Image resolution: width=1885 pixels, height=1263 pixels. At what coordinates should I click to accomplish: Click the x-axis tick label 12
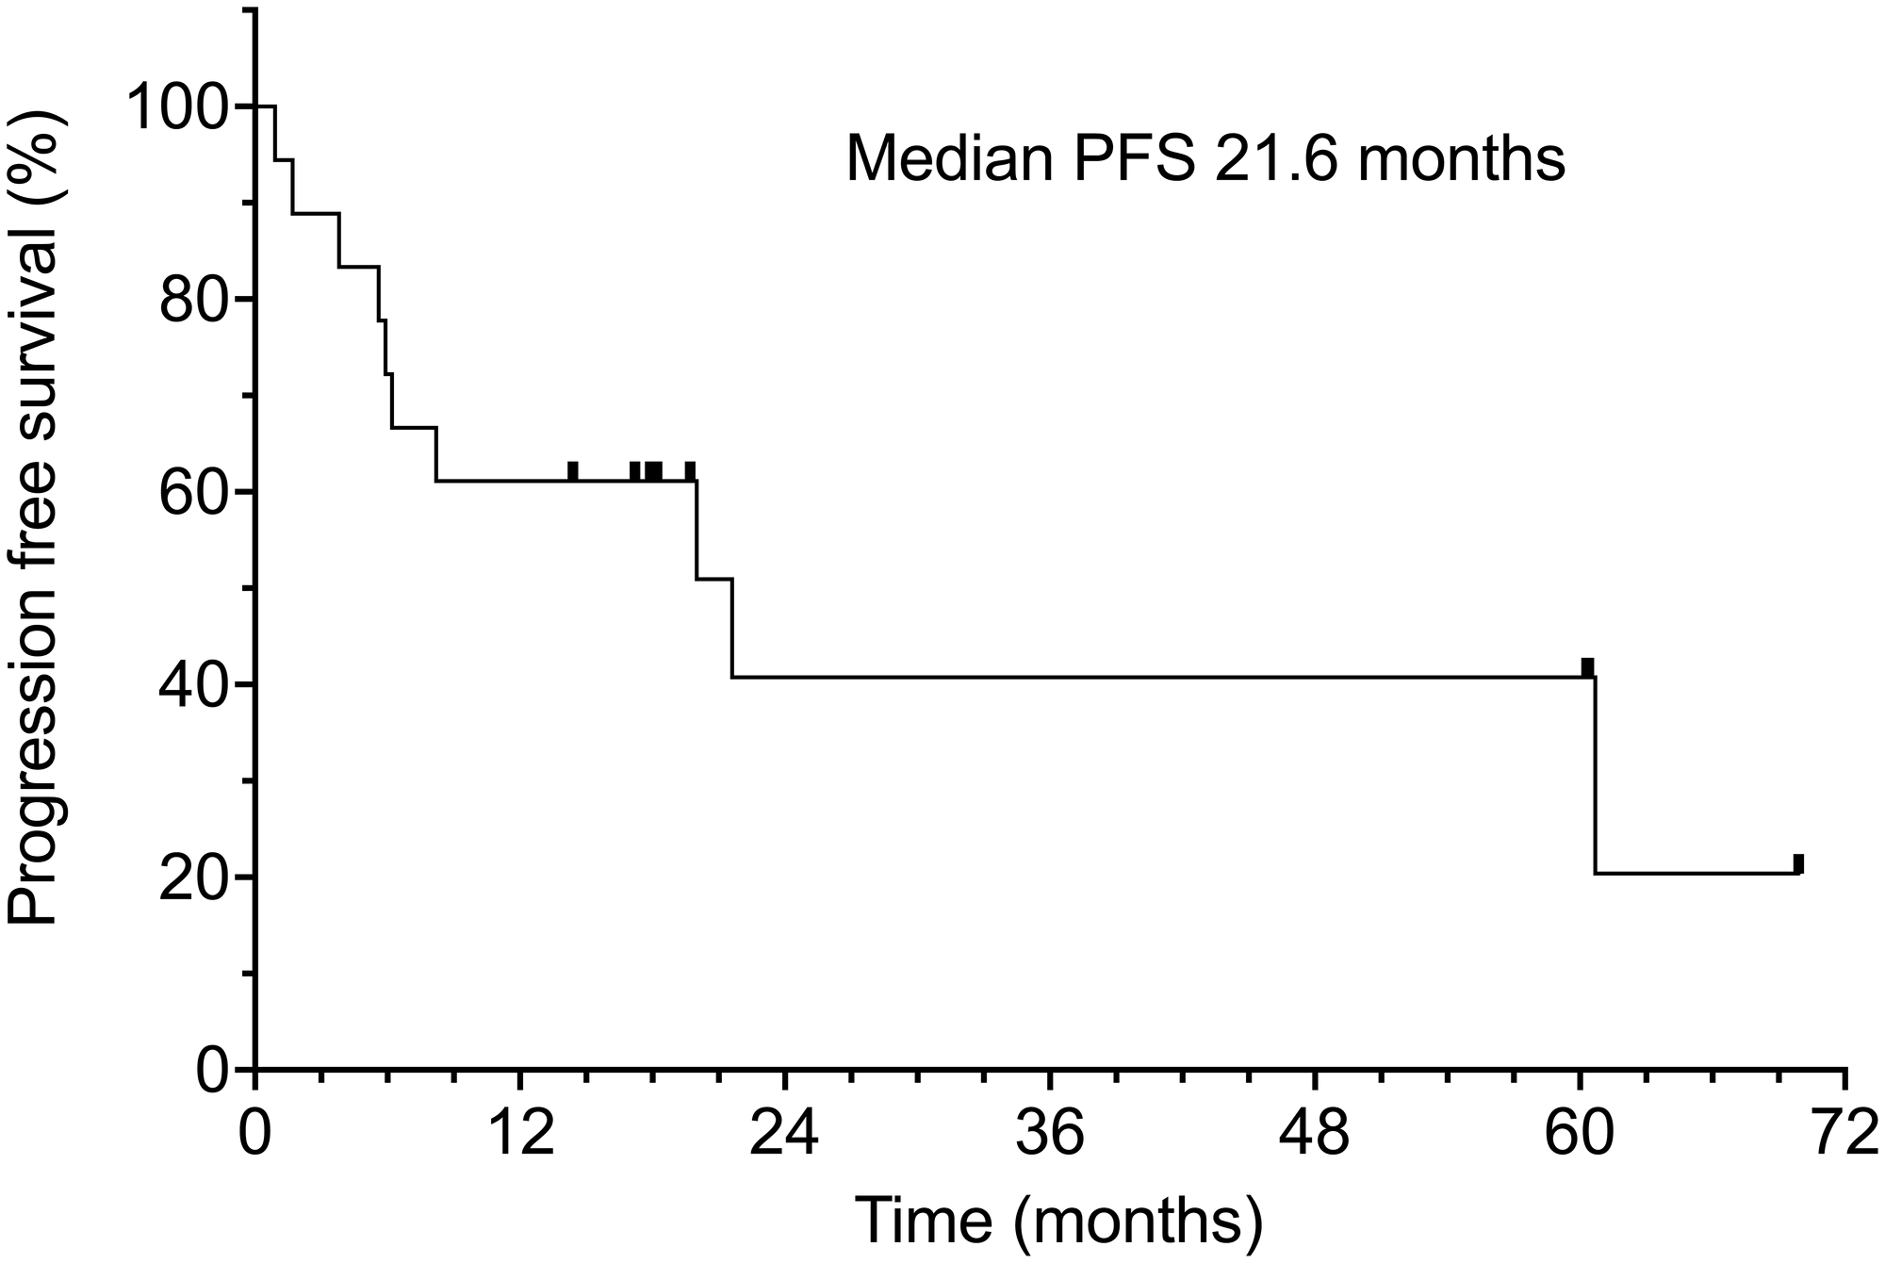tap(519, 1139)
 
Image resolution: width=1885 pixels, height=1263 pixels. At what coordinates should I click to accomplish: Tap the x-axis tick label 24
tap(784, 1139)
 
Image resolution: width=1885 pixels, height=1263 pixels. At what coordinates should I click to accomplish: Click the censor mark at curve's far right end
tap(1798, 863)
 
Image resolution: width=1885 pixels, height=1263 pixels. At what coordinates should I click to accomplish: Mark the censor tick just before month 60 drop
tap(1587, 667)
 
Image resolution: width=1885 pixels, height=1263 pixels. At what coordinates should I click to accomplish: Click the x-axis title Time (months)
tap(1058, 1222)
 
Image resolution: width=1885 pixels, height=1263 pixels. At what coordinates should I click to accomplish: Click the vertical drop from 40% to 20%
tap(1596, 775)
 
